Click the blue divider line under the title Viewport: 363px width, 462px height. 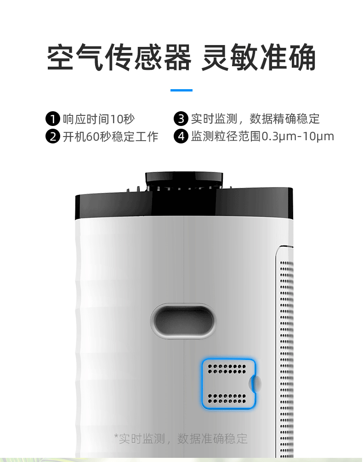181,90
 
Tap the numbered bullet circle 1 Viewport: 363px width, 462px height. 53,119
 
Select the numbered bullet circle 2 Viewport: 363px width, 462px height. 53,137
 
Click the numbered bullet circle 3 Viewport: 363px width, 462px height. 181,119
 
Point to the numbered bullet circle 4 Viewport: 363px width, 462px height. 181,137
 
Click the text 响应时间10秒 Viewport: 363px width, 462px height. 99,119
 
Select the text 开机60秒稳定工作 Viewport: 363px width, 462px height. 110,137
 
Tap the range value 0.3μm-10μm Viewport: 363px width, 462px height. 297,137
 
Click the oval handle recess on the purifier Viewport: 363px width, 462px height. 183,321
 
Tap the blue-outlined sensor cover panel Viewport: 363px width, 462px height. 228,383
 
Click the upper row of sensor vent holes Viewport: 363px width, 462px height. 227,369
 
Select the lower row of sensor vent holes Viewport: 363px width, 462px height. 227,397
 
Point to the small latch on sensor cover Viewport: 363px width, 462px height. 255,383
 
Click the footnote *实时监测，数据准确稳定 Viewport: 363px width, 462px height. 181,439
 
